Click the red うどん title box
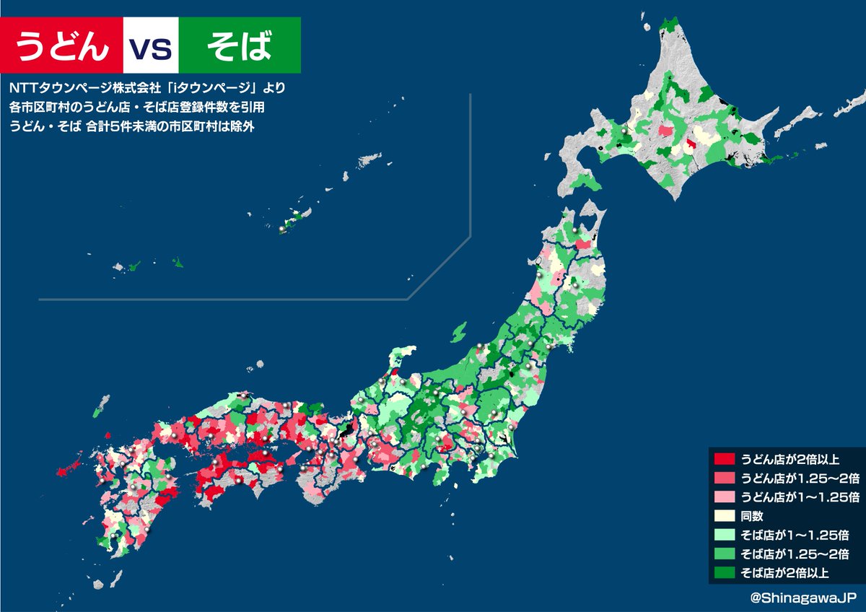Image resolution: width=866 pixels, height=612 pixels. (62, 45)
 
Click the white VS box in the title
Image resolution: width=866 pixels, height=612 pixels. (150, 45)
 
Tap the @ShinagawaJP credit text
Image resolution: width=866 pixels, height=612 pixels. (802, 598)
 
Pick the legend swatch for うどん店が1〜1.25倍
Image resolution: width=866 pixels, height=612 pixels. (724, 497)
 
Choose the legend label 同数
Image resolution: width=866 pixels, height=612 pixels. (753, 516)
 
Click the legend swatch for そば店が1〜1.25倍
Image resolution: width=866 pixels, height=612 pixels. (724, 535)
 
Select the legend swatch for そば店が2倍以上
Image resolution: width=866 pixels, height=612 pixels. (724, 573)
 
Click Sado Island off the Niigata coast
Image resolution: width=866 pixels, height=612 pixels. (458, 333)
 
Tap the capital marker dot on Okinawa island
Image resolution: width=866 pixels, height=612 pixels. (282, 229)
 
